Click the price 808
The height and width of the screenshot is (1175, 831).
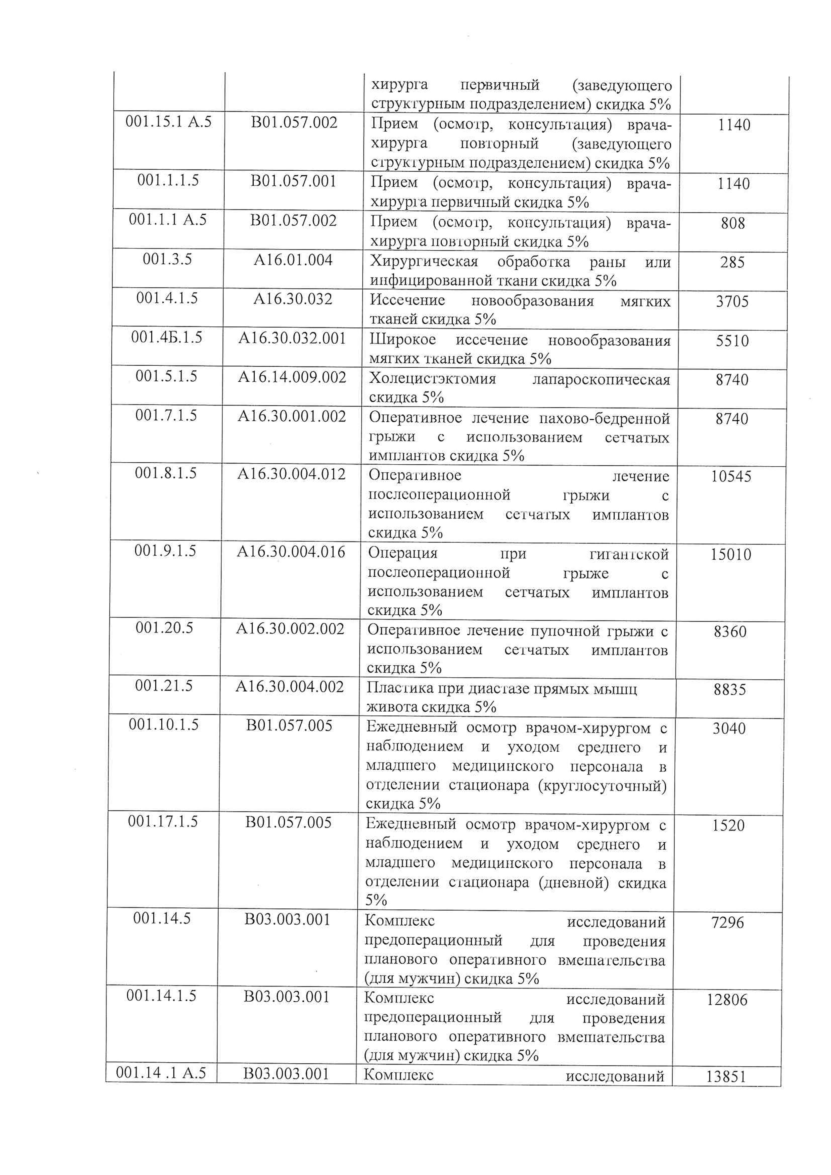point(733,223)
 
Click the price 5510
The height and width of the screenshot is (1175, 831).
point(732,341)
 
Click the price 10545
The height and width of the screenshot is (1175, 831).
point(731,476)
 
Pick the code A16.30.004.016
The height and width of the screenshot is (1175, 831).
point(291,552)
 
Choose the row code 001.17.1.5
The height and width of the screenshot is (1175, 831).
point(162,821)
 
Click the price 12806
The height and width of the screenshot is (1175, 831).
point(727,999)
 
